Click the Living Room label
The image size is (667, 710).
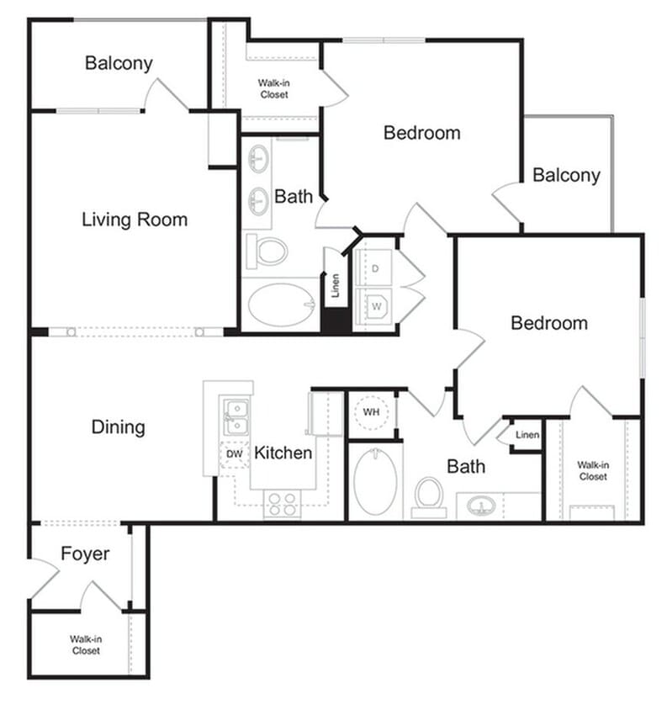tap(135, 220)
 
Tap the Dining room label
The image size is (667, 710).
tap(118, 427)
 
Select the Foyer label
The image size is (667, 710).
tap(85, 554)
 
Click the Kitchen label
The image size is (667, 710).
tap(283, 453)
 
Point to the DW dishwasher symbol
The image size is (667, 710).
tap(236, 453)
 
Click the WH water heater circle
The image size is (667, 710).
tap(370, 413)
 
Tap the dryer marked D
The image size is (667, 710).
tap(375, 268)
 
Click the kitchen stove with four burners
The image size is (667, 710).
tap(282, 503)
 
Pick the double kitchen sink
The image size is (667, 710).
tap(236, 415)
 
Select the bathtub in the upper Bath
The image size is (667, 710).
tap(281, 306)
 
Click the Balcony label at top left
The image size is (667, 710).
tap(119, 63)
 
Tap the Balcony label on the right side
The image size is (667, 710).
tap(566, 175)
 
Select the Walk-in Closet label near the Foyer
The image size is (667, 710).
tap(85, 644)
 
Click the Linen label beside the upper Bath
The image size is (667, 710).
tap(336, 287)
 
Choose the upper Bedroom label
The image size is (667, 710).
tap(421, 133)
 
